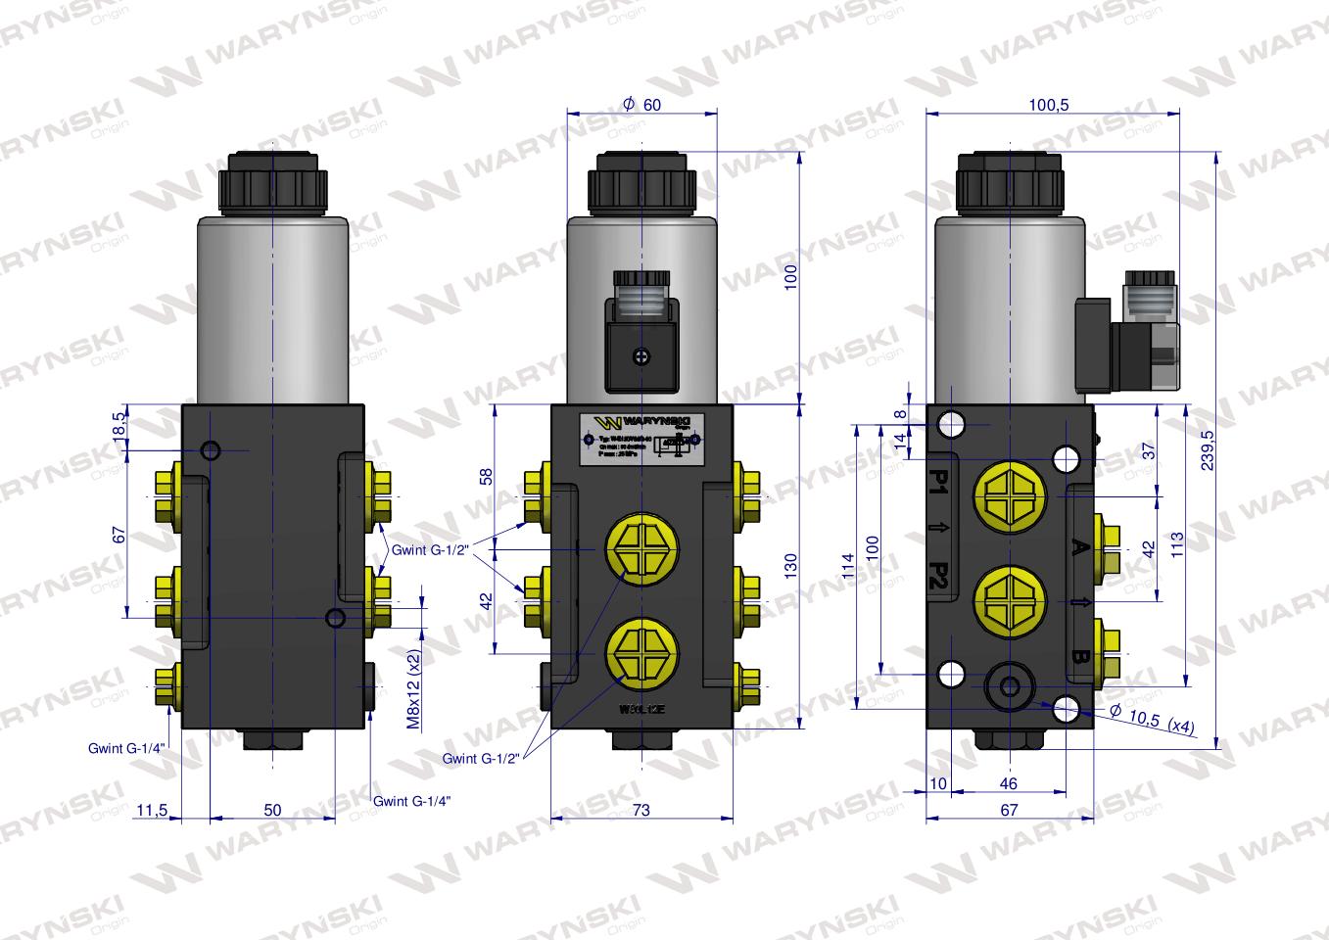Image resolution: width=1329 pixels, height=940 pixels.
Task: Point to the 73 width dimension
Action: click(641, 810)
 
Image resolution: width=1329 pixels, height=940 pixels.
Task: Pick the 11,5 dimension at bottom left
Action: click(153, 810)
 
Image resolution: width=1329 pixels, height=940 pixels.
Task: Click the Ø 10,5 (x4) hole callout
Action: click(1151, 720)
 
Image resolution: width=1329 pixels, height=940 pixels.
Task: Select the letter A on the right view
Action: click(1079, 546)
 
